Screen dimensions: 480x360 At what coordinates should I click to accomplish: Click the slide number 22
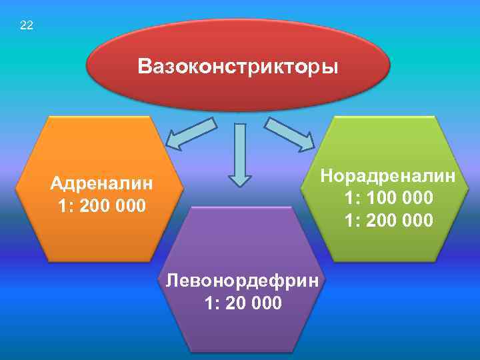27,26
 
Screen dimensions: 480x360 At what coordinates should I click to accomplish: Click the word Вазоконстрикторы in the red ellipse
238,67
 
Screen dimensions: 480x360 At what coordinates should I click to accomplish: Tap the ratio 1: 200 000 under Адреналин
101,206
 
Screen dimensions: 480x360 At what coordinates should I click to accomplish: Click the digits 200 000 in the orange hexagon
114,206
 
